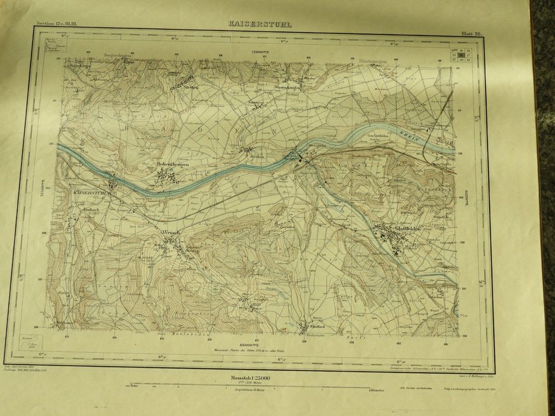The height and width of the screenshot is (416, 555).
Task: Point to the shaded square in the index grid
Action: pyautogui.click(x=460, y=55)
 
